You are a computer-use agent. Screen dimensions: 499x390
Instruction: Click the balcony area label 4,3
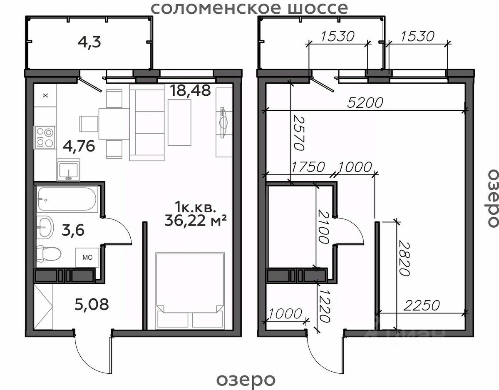(x=89, y=42)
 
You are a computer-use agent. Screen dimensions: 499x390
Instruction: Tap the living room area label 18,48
(x=190, y=90)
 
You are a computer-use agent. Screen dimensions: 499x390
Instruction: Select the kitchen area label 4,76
(x=79, y=146)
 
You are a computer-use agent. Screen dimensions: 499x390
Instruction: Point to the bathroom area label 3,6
(x=73, y=230)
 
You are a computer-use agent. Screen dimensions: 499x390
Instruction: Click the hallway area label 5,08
(x=92, y=304)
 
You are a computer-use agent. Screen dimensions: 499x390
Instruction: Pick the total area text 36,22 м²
(x=196, y=220)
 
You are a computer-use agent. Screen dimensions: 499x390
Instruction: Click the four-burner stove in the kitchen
(x=45, y=137)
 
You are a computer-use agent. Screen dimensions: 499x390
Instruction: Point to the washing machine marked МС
(x=87, y=257)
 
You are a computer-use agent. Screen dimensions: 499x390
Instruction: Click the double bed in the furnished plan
(x=190, y=291)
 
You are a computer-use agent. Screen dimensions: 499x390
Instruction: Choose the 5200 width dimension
(x=365, y=102)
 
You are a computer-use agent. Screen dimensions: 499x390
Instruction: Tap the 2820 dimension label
(x=404, y=258)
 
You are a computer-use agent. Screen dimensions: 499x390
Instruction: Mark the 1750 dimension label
(x=308, y=167)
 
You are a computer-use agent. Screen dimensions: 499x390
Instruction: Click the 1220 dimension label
(x=325, y=306)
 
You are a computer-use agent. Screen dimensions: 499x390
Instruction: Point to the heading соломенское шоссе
(x=250, y=8)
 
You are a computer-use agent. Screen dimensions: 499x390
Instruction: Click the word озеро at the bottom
(x=246, y=380)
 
